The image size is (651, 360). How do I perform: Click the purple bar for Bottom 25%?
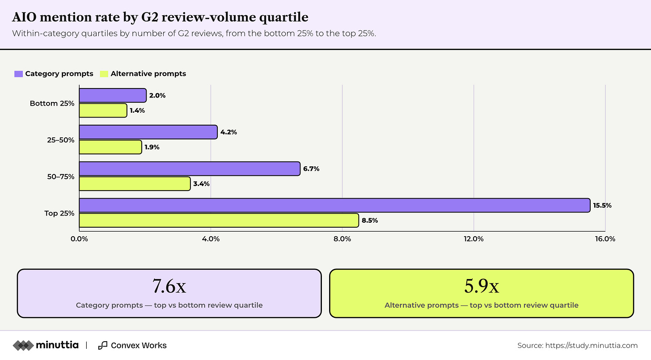(113, 95)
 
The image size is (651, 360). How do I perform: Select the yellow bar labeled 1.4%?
(103, 110)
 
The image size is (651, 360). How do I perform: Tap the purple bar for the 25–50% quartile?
(148, 132)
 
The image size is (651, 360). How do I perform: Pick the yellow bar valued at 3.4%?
(135, 184)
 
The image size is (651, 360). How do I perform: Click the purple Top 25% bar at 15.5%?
(335, 205)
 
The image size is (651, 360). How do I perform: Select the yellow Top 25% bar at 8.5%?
(219, 220)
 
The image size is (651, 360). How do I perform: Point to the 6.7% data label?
(311, 169)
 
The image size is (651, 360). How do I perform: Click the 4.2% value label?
(229, 132)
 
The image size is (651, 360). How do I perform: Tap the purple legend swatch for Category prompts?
(19, 74)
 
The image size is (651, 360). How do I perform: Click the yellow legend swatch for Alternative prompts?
(104, 74)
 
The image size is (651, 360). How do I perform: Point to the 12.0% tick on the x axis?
(474, 239)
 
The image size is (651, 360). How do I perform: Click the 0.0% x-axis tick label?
(79, 239)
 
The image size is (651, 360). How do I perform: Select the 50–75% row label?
(61, 177)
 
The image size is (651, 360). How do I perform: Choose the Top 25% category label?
(59, 213)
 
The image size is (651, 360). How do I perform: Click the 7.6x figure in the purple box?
(169, 286)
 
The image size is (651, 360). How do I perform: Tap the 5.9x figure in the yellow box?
(482, 286)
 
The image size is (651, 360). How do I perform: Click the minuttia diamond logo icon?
(23, 345)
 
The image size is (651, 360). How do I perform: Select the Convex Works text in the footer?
(139, 345)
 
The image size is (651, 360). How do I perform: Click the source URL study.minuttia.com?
(592, 345)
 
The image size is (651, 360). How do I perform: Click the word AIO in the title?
(24, 17)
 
